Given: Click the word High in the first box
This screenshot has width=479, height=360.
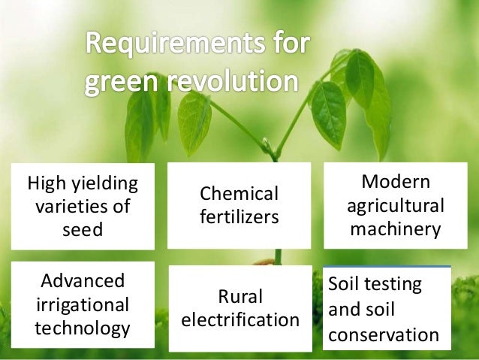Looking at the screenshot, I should click(44, 183).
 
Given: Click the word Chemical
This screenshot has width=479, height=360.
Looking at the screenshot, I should click(239, 194).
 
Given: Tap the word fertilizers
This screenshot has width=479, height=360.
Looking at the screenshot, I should click(239, 217).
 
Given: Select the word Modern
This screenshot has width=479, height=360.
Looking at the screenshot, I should click(396, 183).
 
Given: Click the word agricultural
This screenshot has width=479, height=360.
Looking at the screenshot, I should click(396, 205).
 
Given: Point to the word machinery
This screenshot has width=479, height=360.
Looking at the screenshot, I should click(396, 228).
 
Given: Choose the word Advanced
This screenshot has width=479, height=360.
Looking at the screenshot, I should click(83, 282).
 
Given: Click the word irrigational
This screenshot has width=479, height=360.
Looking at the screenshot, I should click(83, 304).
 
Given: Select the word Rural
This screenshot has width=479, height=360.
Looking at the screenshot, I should click(239, 296).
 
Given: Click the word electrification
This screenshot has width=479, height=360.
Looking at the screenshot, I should click(240, 319).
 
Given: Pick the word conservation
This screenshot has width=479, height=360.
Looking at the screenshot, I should click(384, 334).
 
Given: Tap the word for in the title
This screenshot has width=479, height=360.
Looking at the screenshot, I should click(287, 44).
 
